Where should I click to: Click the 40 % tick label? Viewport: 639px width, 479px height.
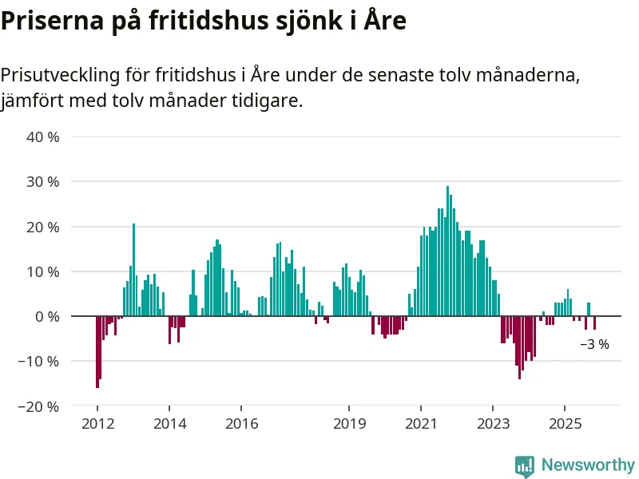pyautogui.click(x=43, y=137)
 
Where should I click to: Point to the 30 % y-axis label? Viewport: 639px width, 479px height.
pyautogui.click(x=43, y=181)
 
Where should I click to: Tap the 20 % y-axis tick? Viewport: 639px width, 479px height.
pyautogui.click(x=43, y=227)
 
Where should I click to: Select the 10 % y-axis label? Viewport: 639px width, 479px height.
pyautogui.click(x=43, y=271)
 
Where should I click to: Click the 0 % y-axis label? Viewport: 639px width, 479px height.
pyautogui.click(x=47, y=316)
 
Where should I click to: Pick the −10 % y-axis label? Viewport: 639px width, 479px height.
pyautogui.click(x=40, y=361)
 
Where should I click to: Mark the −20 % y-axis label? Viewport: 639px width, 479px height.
pyautogui.click(x=40, y=406)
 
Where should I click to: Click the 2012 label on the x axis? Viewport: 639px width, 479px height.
pyautogui.click(x=97, y=423)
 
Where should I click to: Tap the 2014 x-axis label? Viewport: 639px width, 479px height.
pyautogui.click(x=169, y=423)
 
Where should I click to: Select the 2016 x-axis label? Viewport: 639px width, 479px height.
pyautogui.click(x=241, y=423)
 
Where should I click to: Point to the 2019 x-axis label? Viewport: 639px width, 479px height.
pyautogui.click(x=349, y=423)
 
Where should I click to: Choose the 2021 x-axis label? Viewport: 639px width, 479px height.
pyautogui.click(x=421, y=423)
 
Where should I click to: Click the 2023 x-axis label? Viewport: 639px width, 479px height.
pyautogui.click(x=493, y=423)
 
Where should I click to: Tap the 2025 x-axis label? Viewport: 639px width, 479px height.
pyautogui.click(x=565, y=423)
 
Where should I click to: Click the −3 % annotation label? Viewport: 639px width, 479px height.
pyautogui.click(x=594, y=345)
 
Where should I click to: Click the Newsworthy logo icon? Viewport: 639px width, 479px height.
pyautogui.click(x=524, y=465)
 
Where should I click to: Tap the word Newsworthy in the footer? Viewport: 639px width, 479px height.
pyautogui.click(x=587, y=465)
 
